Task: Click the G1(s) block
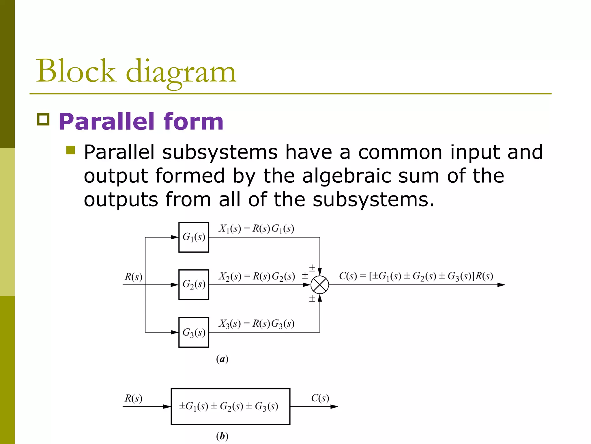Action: (194, 237)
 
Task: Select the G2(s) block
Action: (194, 285)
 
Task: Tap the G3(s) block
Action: (194, 332)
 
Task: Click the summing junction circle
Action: (320, 285)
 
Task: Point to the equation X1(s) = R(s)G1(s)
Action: (256, 229)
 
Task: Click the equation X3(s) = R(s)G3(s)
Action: (256, 323)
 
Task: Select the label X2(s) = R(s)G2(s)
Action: (256, 276)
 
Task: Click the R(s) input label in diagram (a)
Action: (133, 277)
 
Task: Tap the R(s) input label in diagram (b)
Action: (133, 398)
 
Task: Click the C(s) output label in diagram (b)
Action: (320, 398)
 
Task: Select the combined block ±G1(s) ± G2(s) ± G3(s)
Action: (230, 406)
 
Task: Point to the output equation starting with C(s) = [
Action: (416, 276)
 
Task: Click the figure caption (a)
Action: (222, 359)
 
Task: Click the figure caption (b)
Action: (222, 436)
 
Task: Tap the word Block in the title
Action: (76, 71)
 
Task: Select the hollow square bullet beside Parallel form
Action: (43, 119)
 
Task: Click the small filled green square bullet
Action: (70, 150)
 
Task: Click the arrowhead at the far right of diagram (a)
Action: (501, 285)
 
